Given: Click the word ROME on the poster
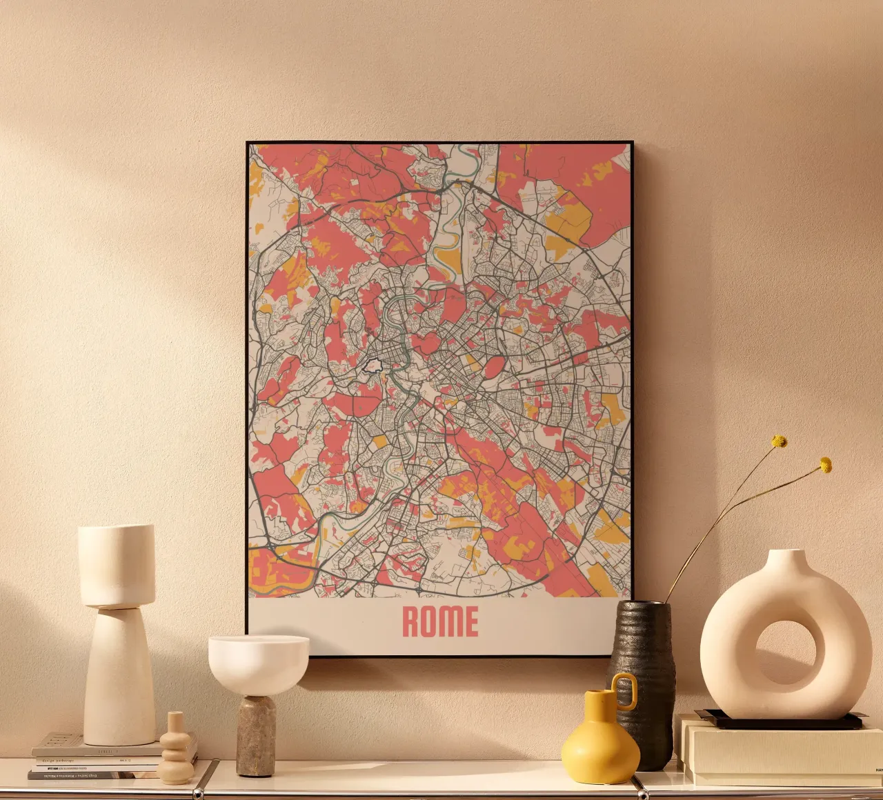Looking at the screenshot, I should pos(439,621).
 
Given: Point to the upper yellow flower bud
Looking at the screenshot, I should pos(779,441).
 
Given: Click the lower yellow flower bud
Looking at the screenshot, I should pos(825,466).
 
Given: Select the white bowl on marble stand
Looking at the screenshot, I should pos(259,663).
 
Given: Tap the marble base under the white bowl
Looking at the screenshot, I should pos(256,737).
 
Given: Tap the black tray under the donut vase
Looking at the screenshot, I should pos(780,720).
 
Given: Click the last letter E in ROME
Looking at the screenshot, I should pos(470,621).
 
